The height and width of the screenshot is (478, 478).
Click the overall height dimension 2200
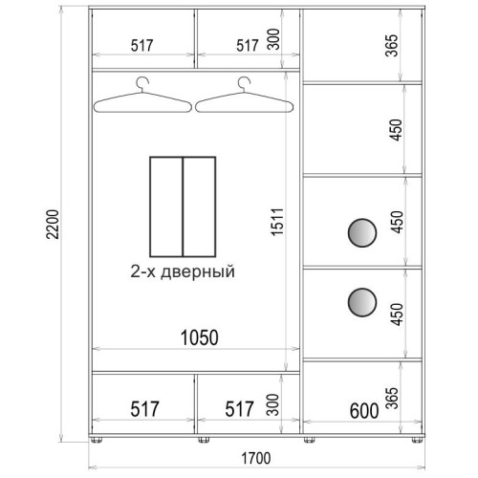point(53,225)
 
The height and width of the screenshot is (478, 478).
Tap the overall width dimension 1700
point(256,458)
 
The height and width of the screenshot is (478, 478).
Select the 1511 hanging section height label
point(277,222)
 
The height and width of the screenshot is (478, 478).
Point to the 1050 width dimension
point(200,337)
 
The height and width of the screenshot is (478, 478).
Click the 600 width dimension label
point(364,411)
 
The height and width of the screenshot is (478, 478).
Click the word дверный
point(198,272)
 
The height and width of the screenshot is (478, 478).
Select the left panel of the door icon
point(166,206)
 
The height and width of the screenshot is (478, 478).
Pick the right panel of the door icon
point(200,206)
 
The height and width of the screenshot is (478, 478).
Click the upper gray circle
point(362,232)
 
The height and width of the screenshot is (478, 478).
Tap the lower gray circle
point(362,302)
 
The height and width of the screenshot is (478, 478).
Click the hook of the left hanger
point(141,83)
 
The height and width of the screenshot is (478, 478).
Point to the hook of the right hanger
point(244,83)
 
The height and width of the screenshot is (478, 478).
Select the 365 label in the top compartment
point(392,45)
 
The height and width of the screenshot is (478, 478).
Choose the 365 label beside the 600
point(392,398)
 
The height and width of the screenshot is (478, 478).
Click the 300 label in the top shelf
point(273,39)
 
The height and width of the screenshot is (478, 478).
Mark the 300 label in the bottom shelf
point(272,404)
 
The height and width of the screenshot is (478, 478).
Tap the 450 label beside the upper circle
point(397,222)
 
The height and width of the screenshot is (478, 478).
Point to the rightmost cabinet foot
point(417,440)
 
